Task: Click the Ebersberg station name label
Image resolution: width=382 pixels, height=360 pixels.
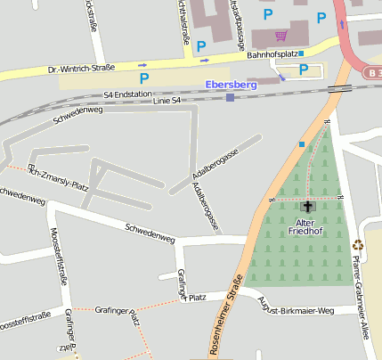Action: coord(231,84)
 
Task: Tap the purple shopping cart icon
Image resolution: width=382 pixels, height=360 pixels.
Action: coord(281,36)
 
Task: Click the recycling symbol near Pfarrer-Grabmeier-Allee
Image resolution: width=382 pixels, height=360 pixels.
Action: coord(358,245)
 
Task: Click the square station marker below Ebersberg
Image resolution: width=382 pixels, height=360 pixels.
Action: coord(231,97)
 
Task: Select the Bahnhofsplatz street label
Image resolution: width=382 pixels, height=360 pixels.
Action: coord(272,54)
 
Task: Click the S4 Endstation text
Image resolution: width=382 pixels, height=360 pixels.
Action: coord(127,93)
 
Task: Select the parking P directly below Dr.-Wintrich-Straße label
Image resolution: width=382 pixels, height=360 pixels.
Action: coord(144,79)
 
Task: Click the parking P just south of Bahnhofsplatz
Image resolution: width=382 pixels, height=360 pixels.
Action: coord(304,69)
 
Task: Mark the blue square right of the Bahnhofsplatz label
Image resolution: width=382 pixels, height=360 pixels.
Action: coord(302,53)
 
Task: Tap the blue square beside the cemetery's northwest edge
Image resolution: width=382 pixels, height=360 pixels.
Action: coord(302,144)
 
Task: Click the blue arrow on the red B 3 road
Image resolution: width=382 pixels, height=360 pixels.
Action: coord(342,24)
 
